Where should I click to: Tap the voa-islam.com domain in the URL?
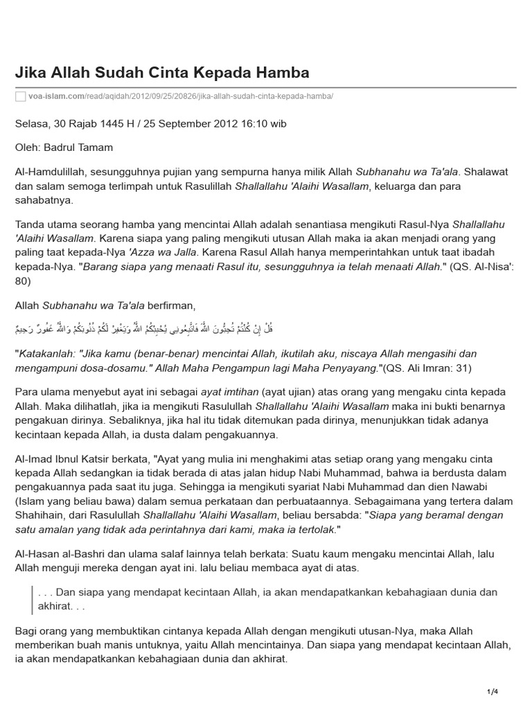point(55,96)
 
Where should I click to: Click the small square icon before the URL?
point(20,96)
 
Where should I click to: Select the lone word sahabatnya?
point(44,200)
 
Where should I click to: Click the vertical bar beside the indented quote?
point(32,600)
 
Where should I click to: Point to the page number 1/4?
point(493,692)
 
